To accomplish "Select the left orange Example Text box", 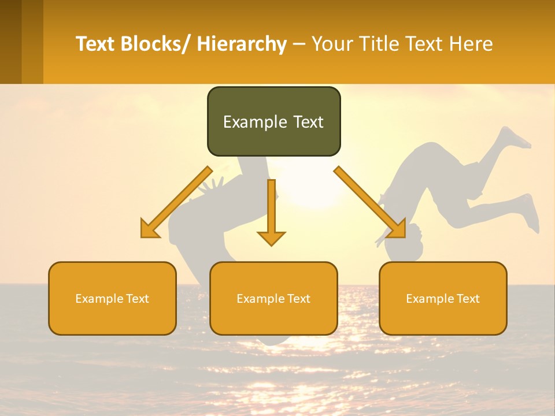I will coord(112,299).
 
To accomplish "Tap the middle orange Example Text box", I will coord(273,299).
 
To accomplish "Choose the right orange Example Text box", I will coord(443,299).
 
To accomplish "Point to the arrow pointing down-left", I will coord(176,203).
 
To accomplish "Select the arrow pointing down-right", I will coord(370,203).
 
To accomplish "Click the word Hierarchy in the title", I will coord(242,44).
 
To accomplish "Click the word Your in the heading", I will coord(332,44).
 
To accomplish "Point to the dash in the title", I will coord(299,44).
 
